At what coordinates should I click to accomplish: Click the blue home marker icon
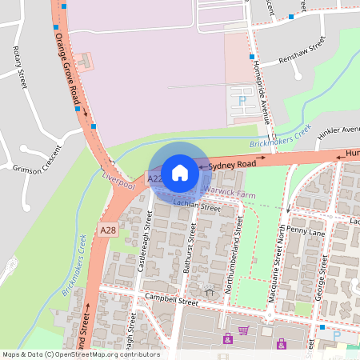click(x=180, y=172)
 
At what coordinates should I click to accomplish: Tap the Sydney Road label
click(x=232, y=164)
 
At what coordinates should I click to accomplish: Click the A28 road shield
click(x=109, y=230)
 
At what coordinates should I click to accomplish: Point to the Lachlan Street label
click(x=197, y=207)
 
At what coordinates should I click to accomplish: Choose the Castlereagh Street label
click(x=145, y=240)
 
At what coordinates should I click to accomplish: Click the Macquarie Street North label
click(x=281, y=252)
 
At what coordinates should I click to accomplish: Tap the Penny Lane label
click(x=306, y=230)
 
